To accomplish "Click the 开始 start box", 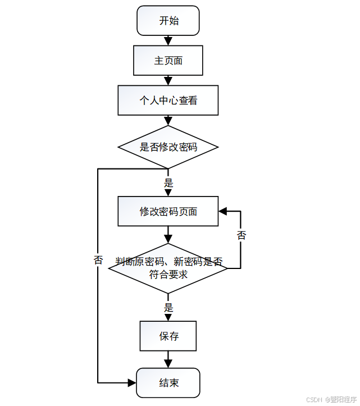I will (168, 21).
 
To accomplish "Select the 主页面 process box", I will (168, 60).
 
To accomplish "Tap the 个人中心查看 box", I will (168, 101).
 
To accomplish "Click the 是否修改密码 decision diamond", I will (168, 147).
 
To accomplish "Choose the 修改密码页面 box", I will (168, 211).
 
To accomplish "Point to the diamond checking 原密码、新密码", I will (168, 268).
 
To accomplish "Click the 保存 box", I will (168, 336).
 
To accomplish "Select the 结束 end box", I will (168, 383).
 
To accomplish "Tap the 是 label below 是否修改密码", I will (168, 183).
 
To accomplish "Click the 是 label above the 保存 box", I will (168, 308).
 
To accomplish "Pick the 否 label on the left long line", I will (98, 260).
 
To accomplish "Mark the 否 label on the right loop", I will (241, 235).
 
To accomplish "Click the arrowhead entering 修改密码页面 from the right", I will (223, 211).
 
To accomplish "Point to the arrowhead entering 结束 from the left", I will (132, 383).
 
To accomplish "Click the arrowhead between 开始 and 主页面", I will (168, 41).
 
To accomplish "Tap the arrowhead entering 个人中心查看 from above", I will (168, 81).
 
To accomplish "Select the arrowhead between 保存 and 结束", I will (168, 364).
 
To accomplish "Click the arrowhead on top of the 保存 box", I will (168, 317).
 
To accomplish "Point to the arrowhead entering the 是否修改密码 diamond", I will (168, 121).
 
